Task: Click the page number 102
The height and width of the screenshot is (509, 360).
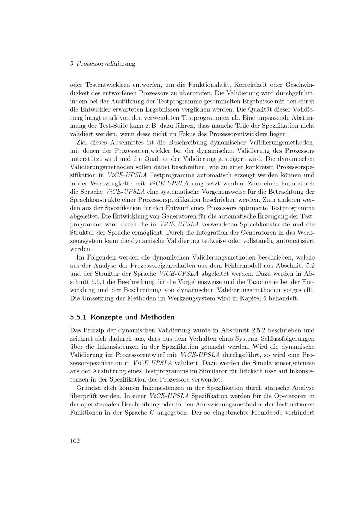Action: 75,441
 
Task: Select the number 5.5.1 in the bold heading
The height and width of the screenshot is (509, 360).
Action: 78,317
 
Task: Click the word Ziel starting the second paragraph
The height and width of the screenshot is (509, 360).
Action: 83,142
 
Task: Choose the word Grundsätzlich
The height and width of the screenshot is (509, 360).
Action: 95,388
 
